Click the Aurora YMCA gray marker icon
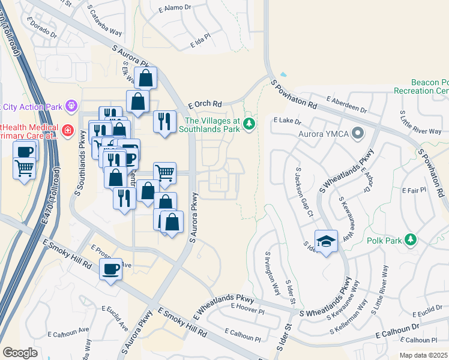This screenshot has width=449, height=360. [x=358, y=132]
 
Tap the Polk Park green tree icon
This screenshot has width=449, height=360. [x=411, y=240]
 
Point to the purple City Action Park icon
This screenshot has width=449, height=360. [x=71, y=106]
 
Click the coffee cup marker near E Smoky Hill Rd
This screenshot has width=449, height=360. [x=110, y=270]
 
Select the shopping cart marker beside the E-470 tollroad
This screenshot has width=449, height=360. [x=25, y=167]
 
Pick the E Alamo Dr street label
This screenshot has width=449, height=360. [x=175, y=10]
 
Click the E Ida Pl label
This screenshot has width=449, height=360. [x=200, y=44]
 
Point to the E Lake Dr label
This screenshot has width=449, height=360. [x=287, y=121]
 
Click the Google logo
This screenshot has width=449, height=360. [x=20, y=353]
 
